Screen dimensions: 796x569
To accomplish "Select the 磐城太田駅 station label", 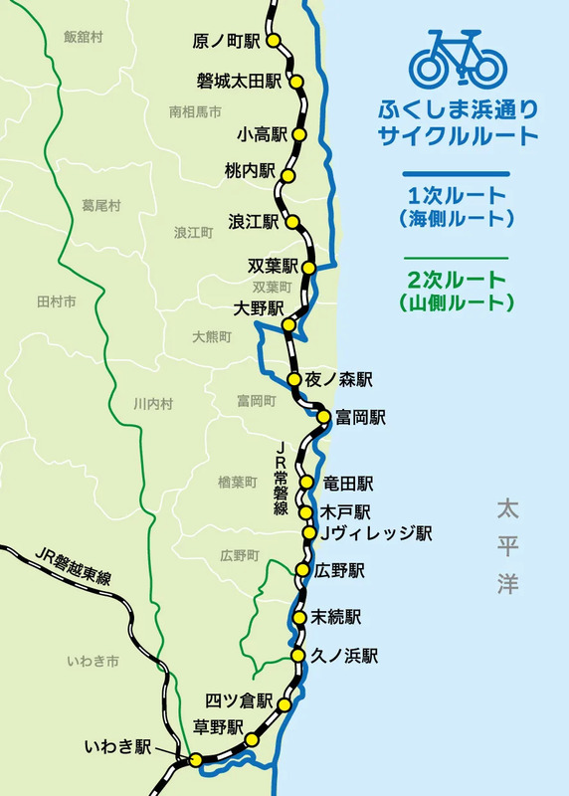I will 239,81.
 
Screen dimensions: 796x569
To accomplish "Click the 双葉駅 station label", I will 274,266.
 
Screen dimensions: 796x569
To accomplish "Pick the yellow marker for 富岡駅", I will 323,417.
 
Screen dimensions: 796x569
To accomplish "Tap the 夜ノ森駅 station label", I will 339,379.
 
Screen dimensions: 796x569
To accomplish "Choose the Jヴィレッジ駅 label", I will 374,533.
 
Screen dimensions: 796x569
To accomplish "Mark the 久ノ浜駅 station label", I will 344,656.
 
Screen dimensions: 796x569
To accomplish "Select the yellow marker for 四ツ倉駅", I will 284,704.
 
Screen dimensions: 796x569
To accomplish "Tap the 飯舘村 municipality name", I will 84,37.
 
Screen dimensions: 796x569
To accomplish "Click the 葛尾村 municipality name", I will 100,206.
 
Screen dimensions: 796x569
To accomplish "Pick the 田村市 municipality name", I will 56,300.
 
